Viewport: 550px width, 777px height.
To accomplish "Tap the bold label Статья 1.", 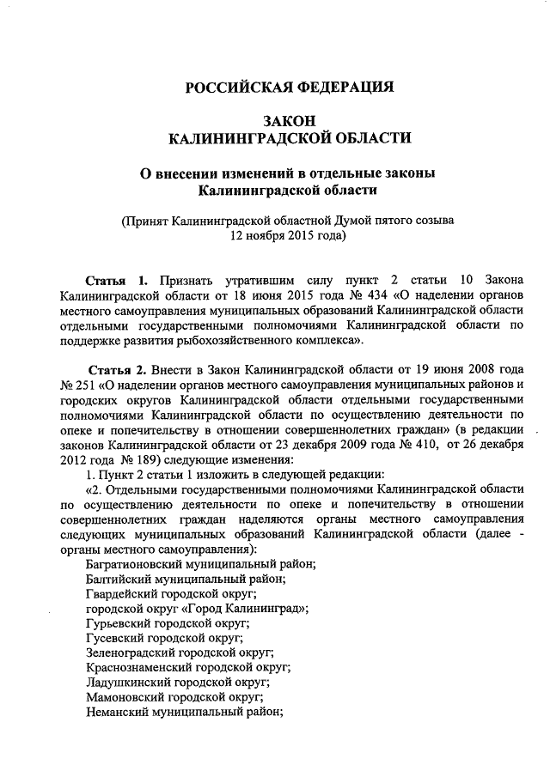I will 119,282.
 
